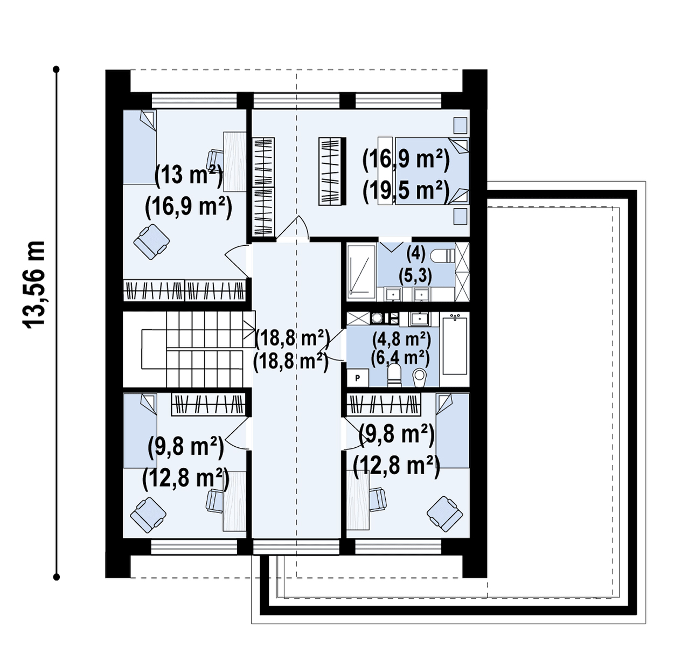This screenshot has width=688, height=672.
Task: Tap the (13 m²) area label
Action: [x=188, y=175]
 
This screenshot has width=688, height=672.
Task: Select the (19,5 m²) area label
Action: [x=406, y=191]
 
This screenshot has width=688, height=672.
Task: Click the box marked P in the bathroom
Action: [x=357, y=378]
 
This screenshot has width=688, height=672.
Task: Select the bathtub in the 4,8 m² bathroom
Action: [x=455, y=345]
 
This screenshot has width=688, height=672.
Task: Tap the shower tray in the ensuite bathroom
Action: [x=361, y=270]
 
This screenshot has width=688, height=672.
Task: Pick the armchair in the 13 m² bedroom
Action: [x=151, y=242]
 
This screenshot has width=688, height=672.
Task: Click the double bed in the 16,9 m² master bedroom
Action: [x=432, y=171]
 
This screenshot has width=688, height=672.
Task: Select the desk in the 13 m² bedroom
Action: [x=234, y=162]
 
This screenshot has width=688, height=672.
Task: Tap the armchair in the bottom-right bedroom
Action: [x=445, y=514]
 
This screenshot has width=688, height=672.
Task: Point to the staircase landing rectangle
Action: [x=154, y=349]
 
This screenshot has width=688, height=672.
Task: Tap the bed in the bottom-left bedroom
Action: [x=140, y=431]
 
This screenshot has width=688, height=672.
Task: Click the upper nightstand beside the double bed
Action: [x=460, y=126]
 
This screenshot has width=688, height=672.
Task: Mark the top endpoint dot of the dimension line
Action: [x=56, y=70]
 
